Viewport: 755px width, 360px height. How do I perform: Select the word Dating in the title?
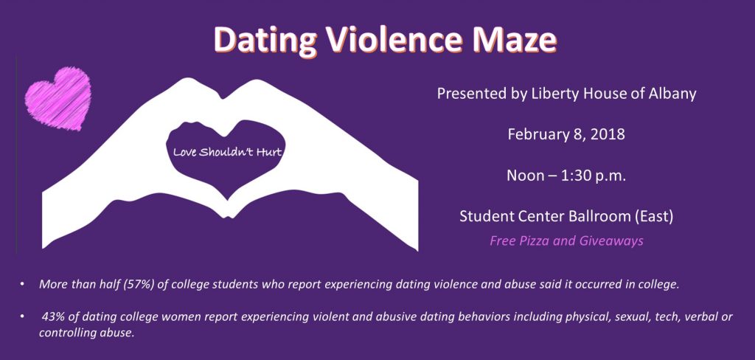[x=267, y=41]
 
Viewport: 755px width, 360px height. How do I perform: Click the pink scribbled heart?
[x=58, y=98]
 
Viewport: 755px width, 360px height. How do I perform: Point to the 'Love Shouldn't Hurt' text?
[x=227, y=153]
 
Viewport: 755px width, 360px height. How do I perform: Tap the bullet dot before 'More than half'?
[x=22, y=285]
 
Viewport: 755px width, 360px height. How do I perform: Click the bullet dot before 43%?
[x=22, y=317]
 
